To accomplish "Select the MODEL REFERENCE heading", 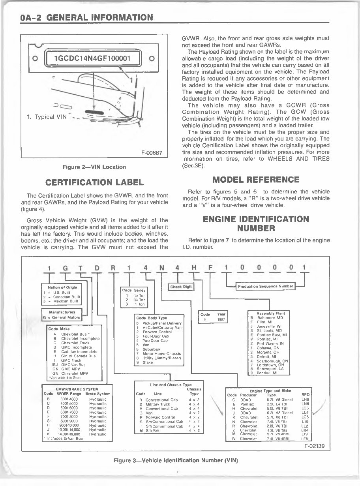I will (x=256, y=180).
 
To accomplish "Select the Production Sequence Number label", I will (x=265, y=286).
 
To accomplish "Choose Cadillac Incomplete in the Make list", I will (x=79, y=351).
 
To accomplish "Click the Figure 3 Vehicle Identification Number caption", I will (x=176, y=460).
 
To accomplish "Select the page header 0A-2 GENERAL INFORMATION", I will (x=86, y=17).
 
